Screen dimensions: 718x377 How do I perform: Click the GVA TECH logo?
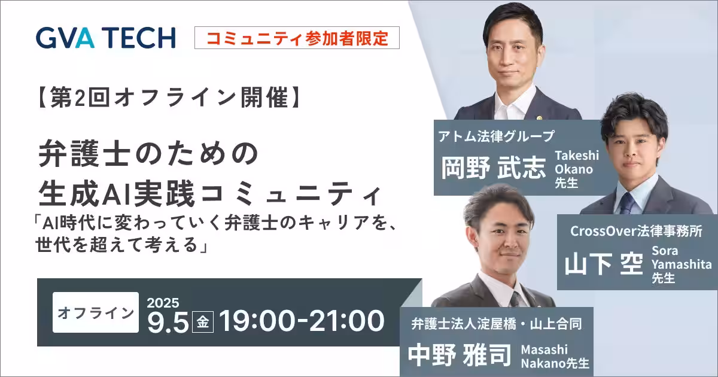106,38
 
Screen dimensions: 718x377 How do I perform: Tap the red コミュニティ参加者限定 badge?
297,38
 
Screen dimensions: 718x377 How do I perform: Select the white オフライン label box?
96,312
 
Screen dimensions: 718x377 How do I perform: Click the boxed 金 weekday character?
203,322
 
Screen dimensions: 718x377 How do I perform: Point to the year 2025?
163,303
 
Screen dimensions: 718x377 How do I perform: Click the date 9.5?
168,323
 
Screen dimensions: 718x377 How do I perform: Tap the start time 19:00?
257,321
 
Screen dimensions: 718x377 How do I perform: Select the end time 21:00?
346,321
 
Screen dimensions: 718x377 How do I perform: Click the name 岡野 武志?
493,168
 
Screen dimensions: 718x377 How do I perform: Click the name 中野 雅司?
460,355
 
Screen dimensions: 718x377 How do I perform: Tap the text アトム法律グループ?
496,136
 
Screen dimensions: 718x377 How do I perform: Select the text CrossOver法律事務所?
636,231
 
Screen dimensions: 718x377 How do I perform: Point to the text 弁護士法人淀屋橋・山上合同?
496,324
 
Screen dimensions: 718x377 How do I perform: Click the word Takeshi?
577,156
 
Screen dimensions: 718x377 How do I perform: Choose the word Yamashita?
682,264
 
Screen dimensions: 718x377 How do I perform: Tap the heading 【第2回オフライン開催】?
169,98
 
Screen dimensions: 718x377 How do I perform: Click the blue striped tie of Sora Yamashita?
627,203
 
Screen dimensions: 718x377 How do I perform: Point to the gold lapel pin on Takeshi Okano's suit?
540,118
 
